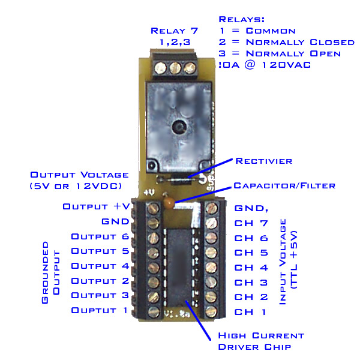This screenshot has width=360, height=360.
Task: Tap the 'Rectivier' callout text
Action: click(x=264, y=160)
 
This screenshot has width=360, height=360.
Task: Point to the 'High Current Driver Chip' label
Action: click(x=261, y=341)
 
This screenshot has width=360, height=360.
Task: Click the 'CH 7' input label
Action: click(x=251, y=223)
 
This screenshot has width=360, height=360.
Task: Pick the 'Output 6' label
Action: click(x=100, y=236)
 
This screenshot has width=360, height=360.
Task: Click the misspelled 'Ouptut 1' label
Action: click(x=100, y=310)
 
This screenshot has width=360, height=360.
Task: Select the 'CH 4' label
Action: click(x=251, y=268)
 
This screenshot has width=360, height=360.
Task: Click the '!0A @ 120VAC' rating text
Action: click(x=265, y=65)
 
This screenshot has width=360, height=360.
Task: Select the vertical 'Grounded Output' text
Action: click(x=50, y=273)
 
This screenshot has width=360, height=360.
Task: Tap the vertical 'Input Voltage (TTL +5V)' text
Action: click(x=289, y=267)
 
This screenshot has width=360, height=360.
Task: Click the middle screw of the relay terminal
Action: click(x=176, y=67)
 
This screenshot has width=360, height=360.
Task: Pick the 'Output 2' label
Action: click(x=100, y=281)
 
